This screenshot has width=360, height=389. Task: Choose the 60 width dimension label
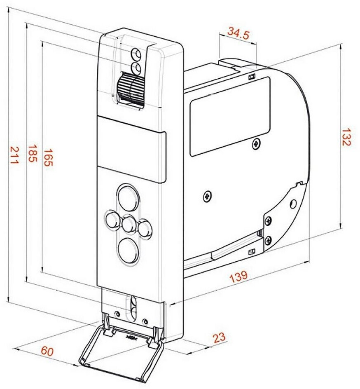point(47,351)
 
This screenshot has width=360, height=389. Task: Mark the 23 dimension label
point(220,338)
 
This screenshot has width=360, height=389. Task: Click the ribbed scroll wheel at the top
point(129,88)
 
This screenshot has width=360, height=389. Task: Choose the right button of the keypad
point(145,228)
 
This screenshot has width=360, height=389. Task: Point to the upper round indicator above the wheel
point(136,54)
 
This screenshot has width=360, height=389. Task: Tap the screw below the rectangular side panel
point(257,143)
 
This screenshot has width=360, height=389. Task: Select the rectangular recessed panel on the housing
point(229,115)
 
